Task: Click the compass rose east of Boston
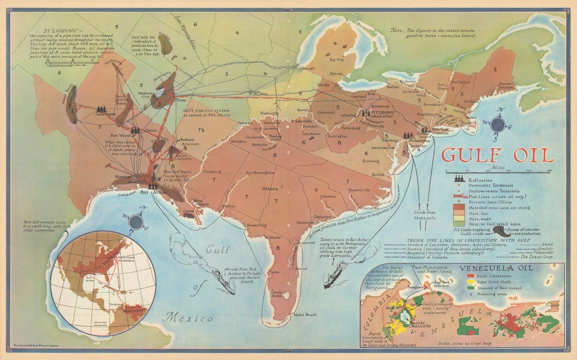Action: click(x=497, y=124)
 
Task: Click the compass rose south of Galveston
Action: click(x=136, y=222)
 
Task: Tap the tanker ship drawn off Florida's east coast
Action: click(x=334, y=276)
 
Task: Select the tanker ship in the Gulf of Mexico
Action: click(x=224, y=284)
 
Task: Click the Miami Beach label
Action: click(x=305, y=314)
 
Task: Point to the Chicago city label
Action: click(x=307, y=68)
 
